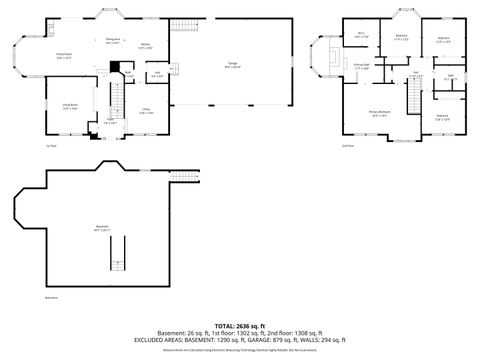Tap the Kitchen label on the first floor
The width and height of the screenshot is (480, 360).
[x=145, y=45]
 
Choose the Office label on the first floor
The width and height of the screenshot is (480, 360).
[x=146, y=111]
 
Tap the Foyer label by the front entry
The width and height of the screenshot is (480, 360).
[x=111, y=122]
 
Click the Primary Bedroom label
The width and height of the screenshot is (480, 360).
[x=379, y=113]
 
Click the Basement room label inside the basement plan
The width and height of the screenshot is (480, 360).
[x=102, y=227]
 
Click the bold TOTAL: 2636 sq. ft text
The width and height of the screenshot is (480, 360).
[x=239, y=326]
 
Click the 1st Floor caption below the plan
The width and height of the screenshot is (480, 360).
[x=50, y=147]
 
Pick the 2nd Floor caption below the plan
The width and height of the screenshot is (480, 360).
[x=347, y=147]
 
